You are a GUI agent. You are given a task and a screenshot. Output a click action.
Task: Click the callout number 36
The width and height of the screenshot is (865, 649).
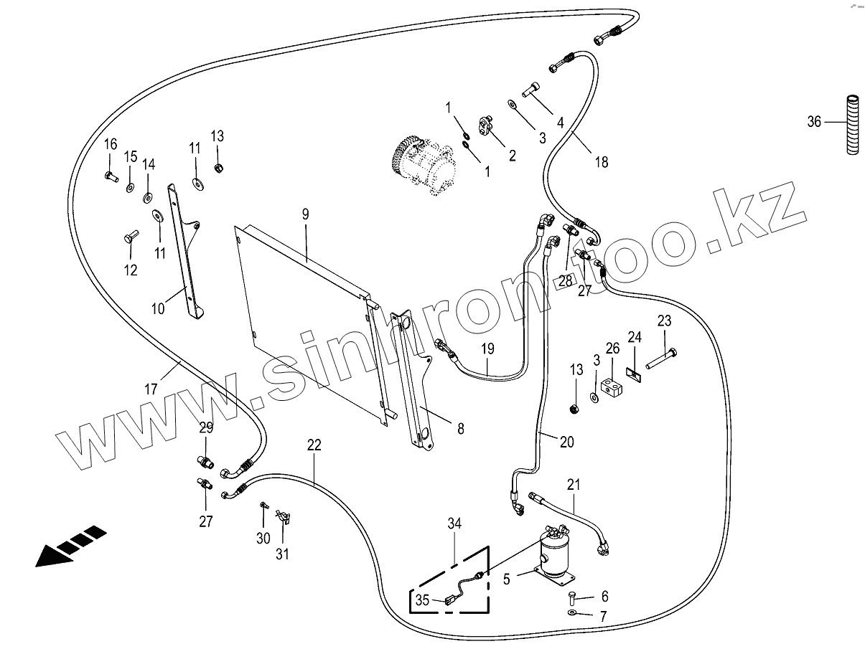pyautogui.click(x=813, y=122)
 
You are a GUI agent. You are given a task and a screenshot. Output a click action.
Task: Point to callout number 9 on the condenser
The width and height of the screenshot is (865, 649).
pyautogui.click(x=305, y=213)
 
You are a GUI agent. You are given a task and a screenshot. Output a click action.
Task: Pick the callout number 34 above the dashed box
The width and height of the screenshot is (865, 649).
pyautogui.click(x=455, y=524)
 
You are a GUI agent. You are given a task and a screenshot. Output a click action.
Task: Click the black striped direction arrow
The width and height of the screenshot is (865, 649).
pyautogui.click(x=70, y=546)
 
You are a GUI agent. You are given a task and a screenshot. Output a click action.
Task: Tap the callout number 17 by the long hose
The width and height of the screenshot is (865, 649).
pyautogui.click(x=151, y=389)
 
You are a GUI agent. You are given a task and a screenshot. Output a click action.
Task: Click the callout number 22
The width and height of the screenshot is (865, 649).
pyautogui.click(x=314, y=445)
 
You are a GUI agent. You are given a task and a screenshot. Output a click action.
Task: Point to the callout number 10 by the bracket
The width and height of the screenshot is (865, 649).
pyautogui.click(x=158, y=308)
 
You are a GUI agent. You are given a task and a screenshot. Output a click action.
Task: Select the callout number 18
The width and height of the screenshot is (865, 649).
pyautogui.click(x=601, y=162)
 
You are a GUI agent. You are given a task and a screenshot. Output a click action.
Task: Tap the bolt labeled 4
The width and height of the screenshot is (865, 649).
pyautogui.click(x=532, y=90)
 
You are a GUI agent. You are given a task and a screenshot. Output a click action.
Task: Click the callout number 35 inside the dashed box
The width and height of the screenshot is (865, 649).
pyautogui.click(x=422, y=600)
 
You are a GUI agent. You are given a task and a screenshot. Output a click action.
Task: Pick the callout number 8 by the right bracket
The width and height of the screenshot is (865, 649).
pyautogui.click(x=460, y=429)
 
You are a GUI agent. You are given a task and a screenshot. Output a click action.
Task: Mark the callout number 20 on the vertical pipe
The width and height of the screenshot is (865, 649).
pyautogui.click(x=566, y=442)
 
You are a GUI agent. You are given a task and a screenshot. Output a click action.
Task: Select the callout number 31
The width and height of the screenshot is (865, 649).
pyautogui.click(x=283, y=554)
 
